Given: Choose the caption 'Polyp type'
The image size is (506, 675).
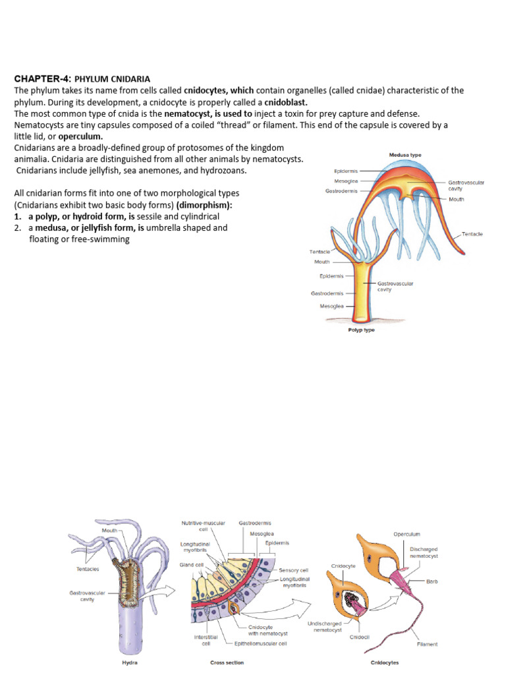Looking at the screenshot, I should (361, 330).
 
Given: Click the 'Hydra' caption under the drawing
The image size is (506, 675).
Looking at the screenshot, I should (130, 662).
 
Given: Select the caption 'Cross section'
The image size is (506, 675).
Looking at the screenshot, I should (227, 662).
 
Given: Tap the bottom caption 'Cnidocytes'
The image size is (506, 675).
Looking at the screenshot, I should (384, 662).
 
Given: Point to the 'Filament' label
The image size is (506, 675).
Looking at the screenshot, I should (427, 643).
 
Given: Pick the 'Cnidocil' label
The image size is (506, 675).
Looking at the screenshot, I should (359, 637).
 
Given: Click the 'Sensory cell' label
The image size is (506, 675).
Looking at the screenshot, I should (294, 570).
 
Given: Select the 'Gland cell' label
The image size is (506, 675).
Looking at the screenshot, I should (191, 564).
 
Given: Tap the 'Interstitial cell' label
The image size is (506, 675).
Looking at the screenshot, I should (202, 639).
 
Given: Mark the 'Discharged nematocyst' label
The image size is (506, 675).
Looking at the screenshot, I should (424, 552).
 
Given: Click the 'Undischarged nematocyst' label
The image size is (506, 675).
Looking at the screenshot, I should (324, 626).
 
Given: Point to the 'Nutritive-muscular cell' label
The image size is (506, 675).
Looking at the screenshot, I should (204, 525).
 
